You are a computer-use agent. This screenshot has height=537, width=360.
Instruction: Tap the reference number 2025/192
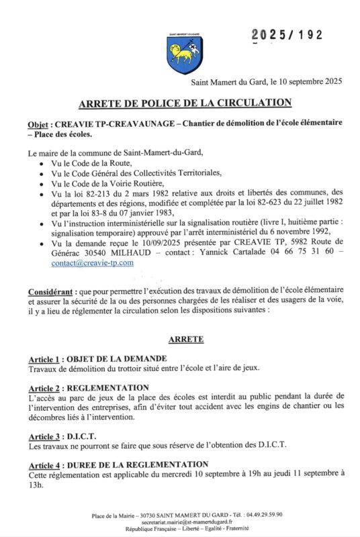coord(287,35)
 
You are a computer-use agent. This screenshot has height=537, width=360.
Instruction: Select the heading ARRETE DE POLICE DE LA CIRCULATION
coord(185,103)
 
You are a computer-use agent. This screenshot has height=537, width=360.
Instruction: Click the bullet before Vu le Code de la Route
coord(42,163)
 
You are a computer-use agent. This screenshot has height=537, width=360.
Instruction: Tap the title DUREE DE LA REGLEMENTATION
coord(138,465)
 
